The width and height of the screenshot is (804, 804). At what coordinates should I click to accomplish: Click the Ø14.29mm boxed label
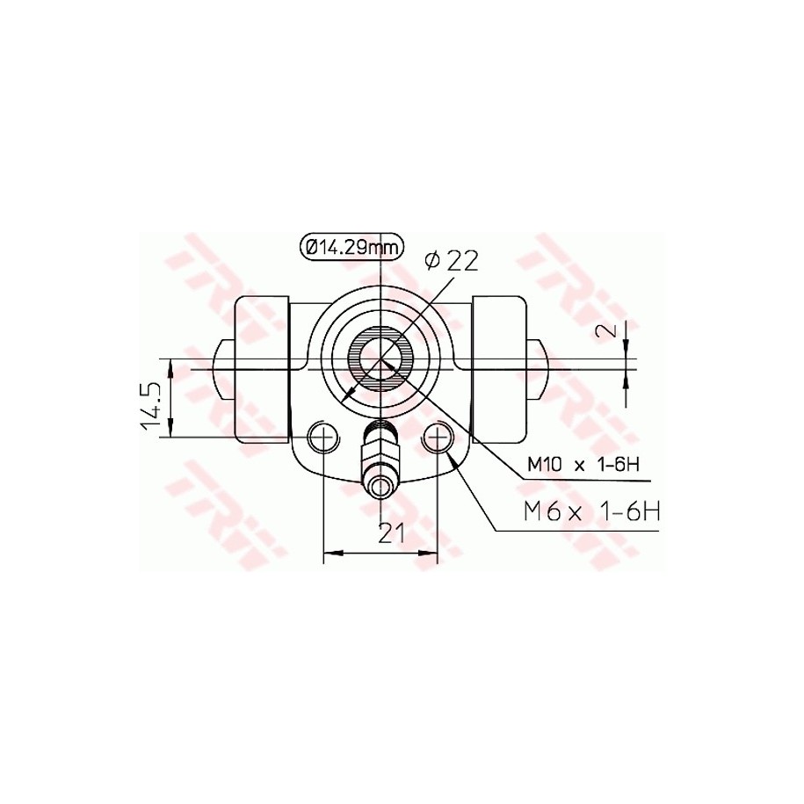[x=351, y=248]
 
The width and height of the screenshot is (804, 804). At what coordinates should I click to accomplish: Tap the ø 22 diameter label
[x=452, y=261]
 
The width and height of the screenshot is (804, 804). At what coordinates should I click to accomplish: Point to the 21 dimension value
[x=391, y=533]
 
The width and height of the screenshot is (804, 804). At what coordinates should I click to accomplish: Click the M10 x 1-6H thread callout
[x=583, y=465]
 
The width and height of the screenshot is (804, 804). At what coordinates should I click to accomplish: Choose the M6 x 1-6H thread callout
[x=591, y=511]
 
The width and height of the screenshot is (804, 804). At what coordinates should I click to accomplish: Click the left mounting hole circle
[x=323, y=438]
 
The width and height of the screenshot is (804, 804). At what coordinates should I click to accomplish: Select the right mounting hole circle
[x=438, y=438]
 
